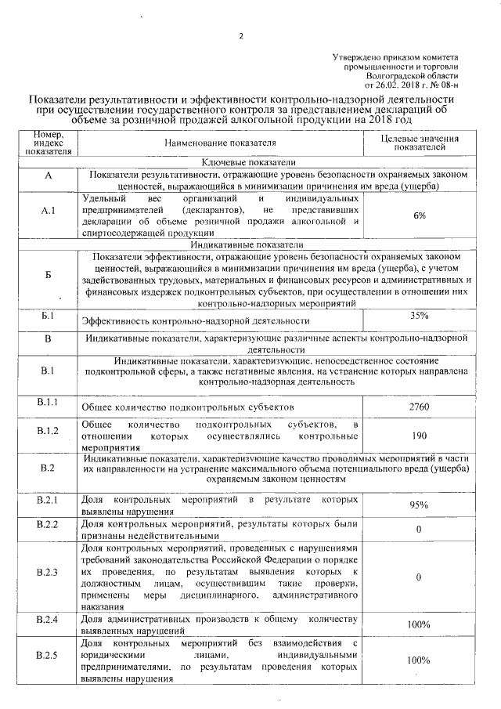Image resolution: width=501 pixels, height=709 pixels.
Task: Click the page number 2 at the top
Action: pyautogui.click(x=242, y=35)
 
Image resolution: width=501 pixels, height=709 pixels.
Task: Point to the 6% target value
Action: pyautogui.click(x=420, y=215)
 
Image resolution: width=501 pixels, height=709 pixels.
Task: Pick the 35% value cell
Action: pyautogui.click(x=420, y=316)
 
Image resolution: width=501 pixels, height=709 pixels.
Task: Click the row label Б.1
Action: pyautogui.click(x=48, y=316)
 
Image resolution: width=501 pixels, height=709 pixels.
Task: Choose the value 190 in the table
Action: pyautogui.click(x=420, y=436)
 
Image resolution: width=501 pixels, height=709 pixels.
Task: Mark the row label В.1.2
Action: pyautogui.click(x=48, y=431)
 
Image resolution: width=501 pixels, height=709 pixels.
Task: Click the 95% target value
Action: pyautogui.click(x=420, y=505)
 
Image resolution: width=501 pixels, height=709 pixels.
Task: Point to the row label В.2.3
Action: pyautogui.click(x=48, y=572)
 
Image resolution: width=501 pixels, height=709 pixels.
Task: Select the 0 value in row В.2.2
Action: pyautogui.click(x=420, y=530)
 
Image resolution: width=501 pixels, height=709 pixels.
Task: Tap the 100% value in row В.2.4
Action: pyautogui.click(x=420, y=624)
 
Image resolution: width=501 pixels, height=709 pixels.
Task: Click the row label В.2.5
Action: pyautogui.click(x=48, y=653)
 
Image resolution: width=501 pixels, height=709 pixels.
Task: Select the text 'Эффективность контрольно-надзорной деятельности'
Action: pyautogui.click(x=196, y=321)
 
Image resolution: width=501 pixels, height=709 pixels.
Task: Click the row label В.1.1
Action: pyautogui.click(x=48, y=402)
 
